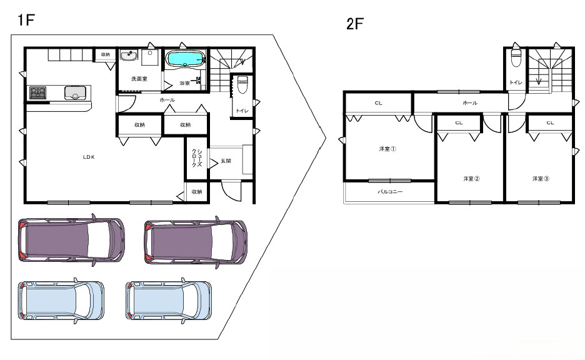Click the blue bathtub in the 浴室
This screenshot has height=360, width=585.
click(186, 59)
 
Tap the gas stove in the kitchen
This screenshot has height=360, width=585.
click(37, 92)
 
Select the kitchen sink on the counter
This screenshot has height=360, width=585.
click(76, 92)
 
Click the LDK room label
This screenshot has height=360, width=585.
click(89, 157)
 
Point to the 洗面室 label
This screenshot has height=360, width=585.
click(139, 79)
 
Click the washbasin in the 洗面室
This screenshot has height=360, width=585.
click(129, 55)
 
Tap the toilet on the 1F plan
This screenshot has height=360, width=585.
click(242, 84)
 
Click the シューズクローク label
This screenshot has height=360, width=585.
click(197, 157)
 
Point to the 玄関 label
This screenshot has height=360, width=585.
click(226, 161)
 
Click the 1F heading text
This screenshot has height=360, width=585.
click(26, 20)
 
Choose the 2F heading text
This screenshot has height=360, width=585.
click(355, 24)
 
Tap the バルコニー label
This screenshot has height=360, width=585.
click(390, 191)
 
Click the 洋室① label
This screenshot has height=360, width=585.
click(387, 149)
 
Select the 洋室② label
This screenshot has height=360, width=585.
click(472, 179)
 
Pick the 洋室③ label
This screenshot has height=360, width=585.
click(541, 179)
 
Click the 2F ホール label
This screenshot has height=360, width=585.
click(470, 102)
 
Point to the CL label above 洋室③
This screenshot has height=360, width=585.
click(550, 122)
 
